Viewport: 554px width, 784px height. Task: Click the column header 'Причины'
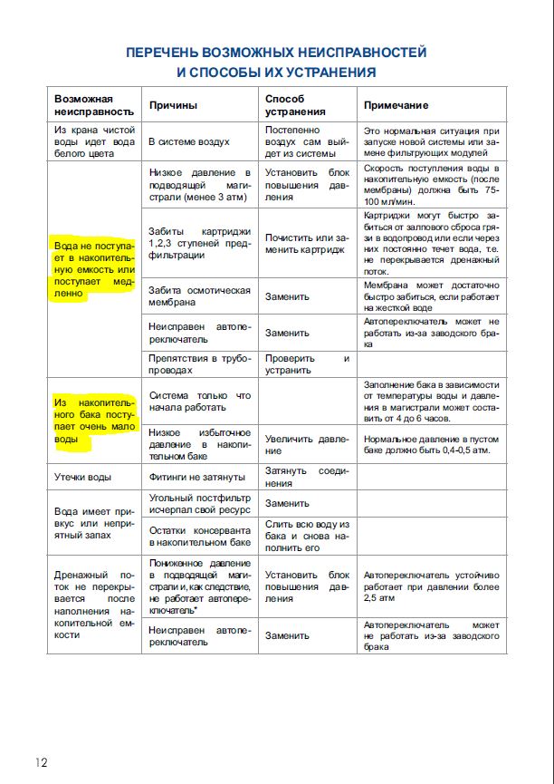point(173,105)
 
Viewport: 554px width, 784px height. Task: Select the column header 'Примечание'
point(396,105)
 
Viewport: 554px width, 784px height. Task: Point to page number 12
point(43,762)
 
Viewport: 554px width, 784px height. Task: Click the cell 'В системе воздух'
point(189,142)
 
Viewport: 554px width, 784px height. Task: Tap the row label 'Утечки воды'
point(83,476)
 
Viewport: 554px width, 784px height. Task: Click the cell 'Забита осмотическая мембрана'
point(199,296)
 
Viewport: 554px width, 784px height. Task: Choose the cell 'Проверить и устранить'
point(307,364)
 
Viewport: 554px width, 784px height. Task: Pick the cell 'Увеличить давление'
point(307,445)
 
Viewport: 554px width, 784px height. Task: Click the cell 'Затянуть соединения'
point(307,477)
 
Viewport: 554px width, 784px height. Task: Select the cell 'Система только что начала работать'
point(199,402)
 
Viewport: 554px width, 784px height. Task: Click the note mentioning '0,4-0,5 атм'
point(430,445)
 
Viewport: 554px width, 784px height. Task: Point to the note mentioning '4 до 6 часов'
point(430,402)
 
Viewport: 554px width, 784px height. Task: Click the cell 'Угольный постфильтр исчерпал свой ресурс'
point(199,504)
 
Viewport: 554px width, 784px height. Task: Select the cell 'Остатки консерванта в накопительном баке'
point(199,536)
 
